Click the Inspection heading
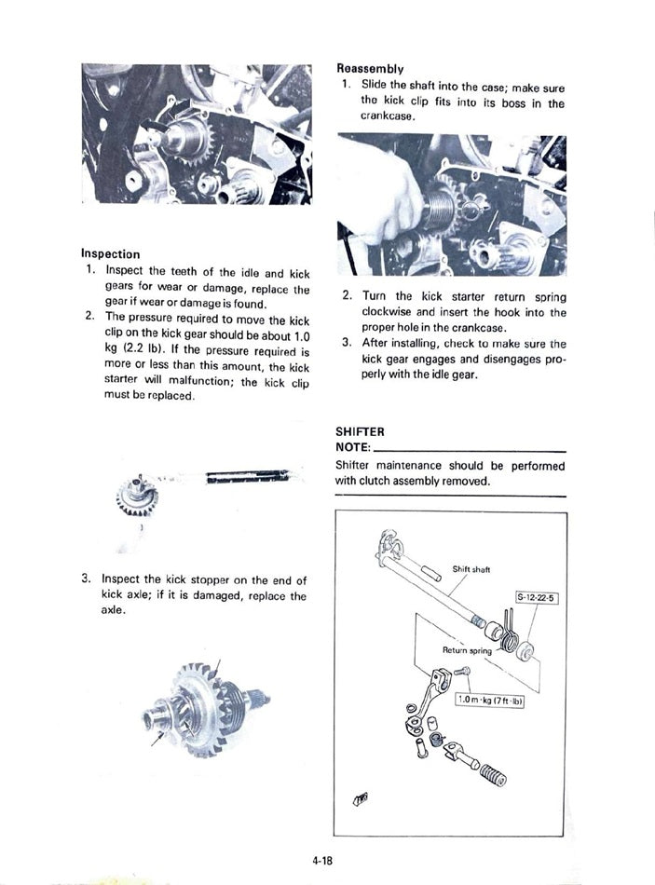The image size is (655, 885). tap(110, 253)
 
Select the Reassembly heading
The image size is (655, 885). tap(369, 68)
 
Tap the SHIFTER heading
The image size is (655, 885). tap(360, 431)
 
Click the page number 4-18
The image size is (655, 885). tap(323, 861)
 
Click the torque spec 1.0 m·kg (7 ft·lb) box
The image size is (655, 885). tap(490, 699)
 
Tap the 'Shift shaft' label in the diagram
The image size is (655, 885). tap(471, 568)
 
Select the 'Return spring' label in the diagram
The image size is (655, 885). tap(466, 650)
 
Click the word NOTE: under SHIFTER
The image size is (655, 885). tap(353, 448)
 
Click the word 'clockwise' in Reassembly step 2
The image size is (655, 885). tap(389, 312)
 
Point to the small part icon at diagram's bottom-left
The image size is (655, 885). tap(361, 799)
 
